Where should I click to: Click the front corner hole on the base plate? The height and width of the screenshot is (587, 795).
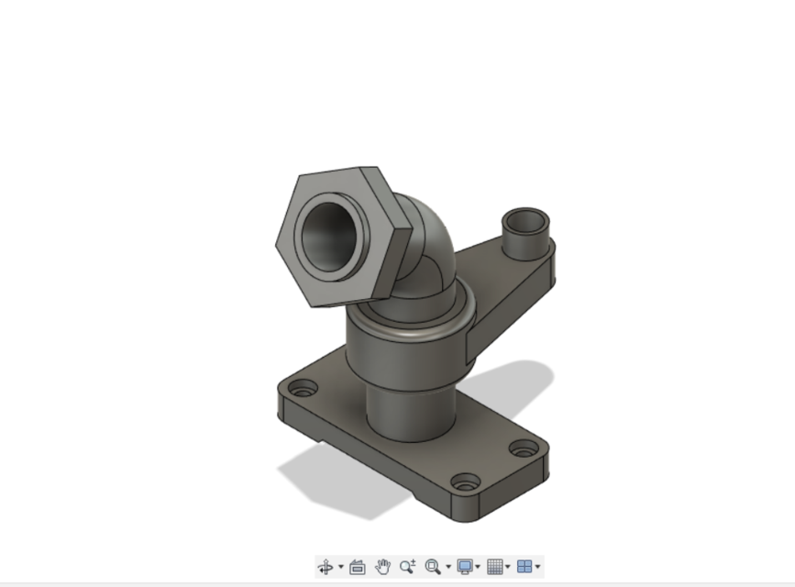(x=465, y=482)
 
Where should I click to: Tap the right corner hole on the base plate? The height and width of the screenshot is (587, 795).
(x=524, y=449)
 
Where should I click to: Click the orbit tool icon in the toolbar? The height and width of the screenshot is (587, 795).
(x=326, y=567)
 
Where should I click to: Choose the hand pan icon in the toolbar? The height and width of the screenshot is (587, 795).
(x=383, y=567)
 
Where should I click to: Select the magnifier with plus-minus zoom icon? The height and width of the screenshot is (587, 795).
(x=407, y=567)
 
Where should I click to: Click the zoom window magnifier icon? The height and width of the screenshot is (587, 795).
(x=433, y=567)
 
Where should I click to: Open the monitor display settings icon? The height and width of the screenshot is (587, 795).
(x=465, y=567)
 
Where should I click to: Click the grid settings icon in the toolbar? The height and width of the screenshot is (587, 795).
(x=494, y=567)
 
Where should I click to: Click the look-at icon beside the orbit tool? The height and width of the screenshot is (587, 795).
(x=358, y=567)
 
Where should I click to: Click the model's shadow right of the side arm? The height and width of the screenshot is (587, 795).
(x=523, y=376)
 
